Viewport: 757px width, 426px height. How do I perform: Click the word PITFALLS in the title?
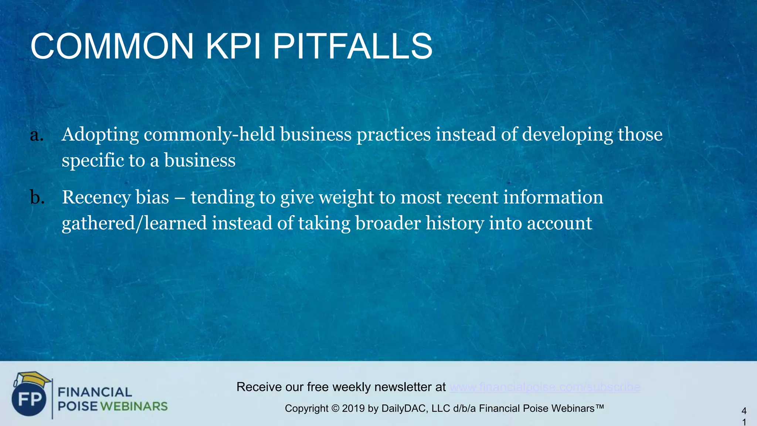(x=353, y=47)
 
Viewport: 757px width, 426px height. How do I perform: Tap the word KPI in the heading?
(x=232, y=47)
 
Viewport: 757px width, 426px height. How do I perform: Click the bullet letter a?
(x=37, y=135)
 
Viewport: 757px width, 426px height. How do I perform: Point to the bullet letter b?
(x=37, y=197)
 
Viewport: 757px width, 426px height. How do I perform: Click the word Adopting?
(x=100, y=135)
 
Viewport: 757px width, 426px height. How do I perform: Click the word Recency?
(x=96, y=197)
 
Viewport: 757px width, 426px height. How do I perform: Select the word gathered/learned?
(x=134, y=223)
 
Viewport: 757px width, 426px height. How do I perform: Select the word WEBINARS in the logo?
(x=134, y=406)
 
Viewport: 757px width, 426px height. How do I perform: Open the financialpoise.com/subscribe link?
(x=545, y=387)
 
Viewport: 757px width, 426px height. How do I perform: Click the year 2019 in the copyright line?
(x=353, y=409)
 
